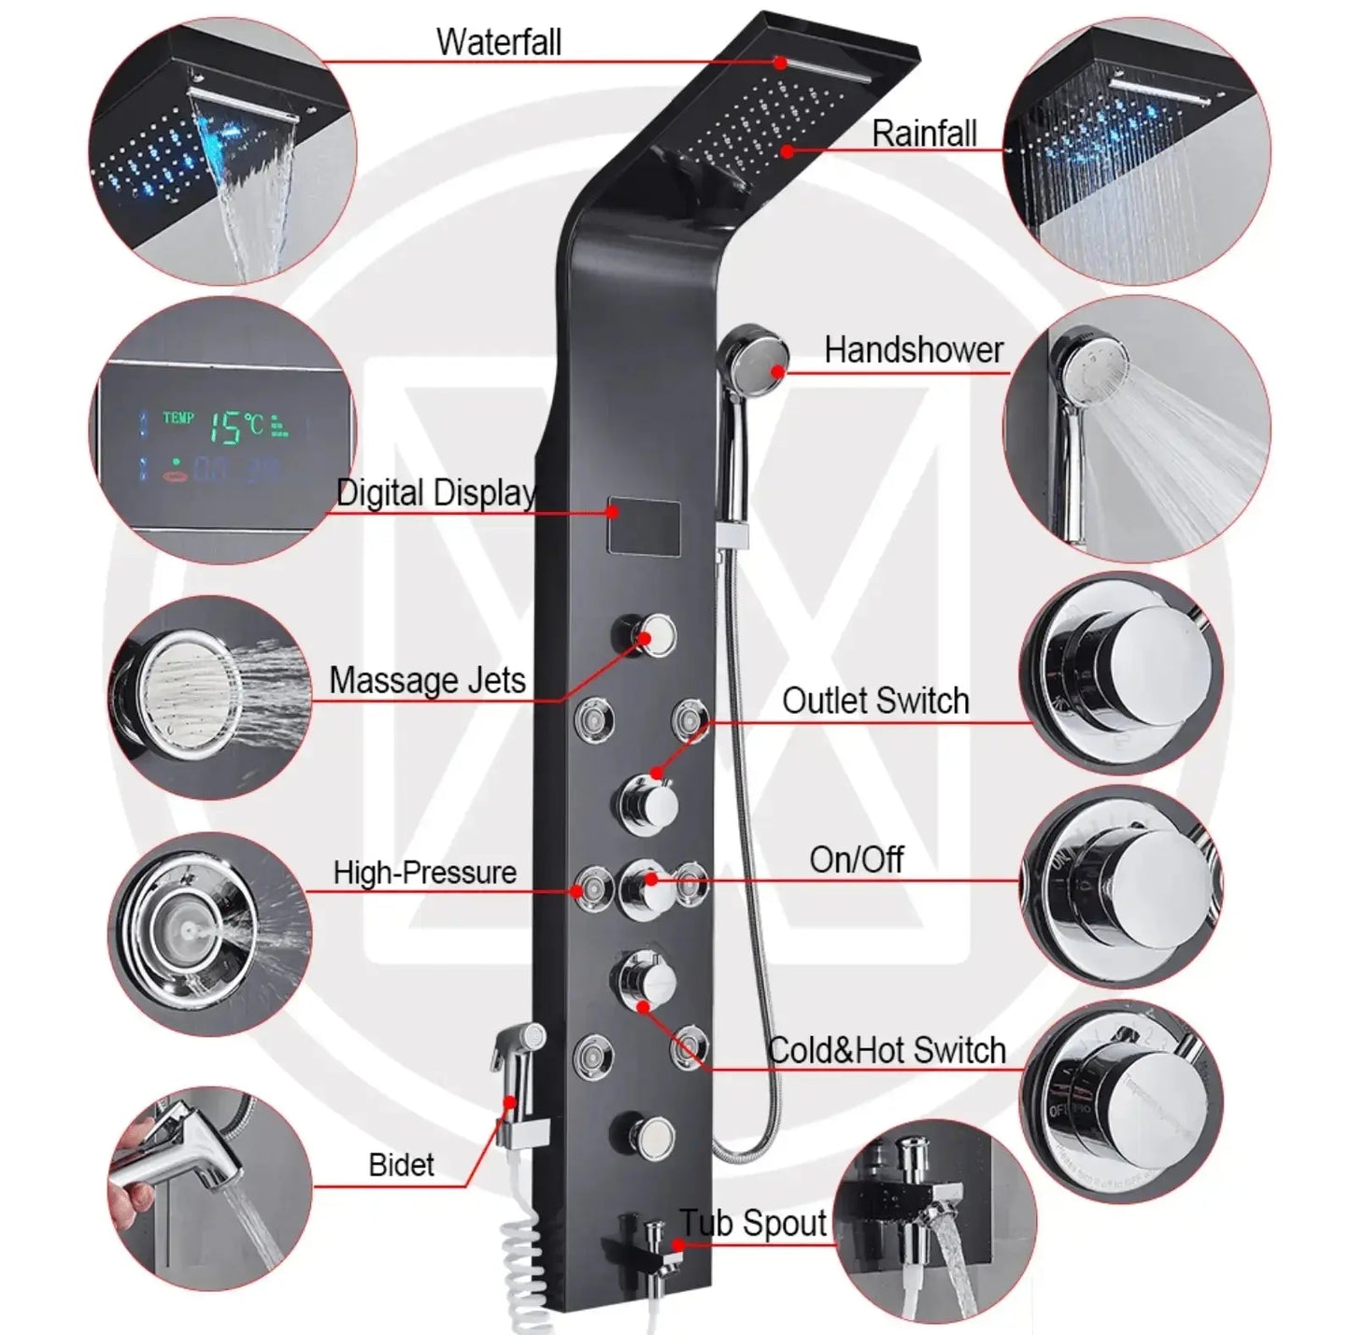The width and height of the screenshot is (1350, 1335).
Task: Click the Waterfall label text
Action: coord(498,42)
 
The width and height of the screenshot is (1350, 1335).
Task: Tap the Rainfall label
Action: coord(924,134)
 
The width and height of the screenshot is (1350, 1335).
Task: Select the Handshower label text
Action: coord(913,350)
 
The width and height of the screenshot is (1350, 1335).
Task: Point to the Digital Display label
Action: coord(435,492)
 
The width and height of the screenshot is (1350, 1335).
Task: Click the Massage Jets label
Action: coord(427,680)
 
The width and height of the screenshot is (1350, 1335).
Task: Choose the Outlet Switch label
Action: coord(875,701)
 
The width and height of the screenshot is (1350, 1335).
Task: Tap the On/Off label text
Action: coord(856,859)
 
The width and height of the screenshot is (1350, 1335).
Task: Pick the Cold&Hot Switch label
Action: coord(886,1050)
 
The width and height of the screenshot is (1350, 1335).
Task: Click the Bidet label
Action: coord(401,1165)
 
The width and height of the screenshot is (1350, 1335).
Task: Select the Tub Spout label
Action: coord(753,1223)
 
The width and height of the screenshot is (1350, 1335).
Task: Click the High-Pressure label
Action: coord(425,873)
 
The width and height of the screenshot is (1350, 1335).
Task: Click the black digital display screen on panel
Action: coord(644,526)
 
